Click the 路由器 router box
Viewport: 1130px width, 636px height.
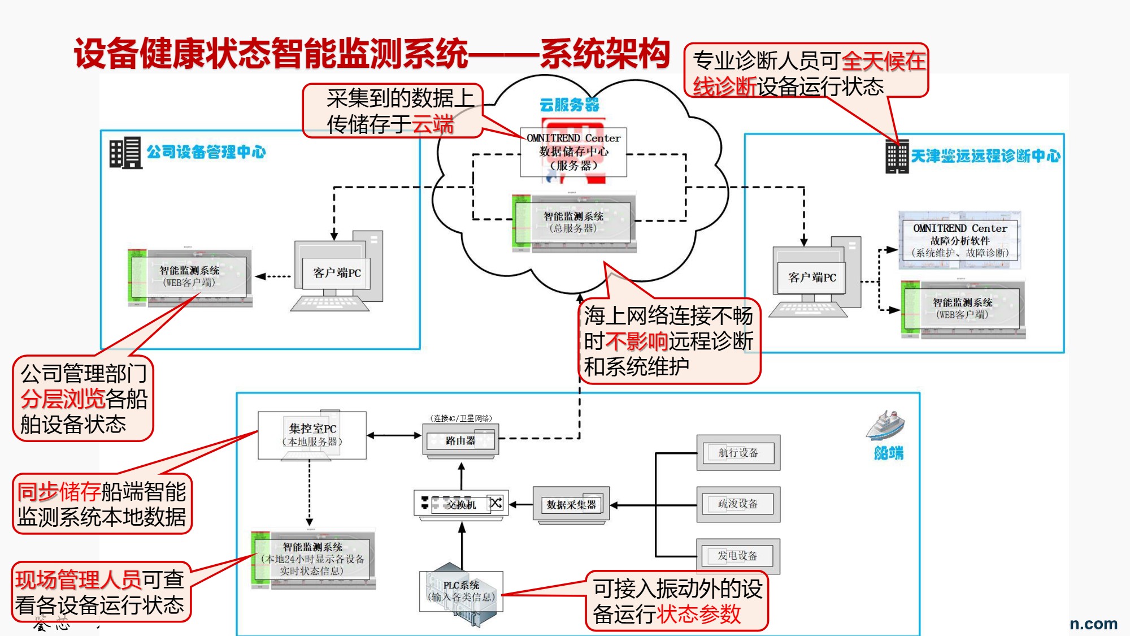pos(460,441)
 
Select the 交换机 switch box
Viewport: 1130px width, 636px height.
pos(461,504)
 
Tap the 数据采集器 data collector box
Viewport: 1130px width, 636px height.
pos(571,504)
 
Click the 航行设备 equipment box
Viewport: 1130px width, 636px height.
pos(738,453)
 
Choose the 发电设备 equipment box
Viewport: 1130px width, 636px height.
pos(738,556)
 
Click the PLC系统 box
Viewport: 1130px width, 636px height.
pos(461,591)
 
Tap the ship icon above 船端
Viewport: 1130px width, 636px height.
pos(885,426)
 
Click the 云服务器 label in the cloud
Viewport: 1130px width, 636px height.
pos(569,105)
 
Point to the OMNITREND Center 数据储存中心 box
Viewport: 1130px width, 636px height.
pos(573,152)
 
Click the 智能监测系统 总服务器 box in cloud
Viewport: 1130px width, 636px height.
pos(573,222)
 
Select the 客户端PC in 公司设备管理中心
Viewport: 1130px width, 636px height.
pos(337,273)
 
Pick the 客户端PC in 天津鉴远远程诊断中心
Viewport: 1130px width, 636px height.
pos(812,278)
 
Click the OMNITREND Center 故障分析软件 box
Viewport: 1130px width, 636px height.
pos(959,240)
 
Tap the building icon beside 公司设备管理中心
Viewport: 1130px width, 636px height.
pos(125,153)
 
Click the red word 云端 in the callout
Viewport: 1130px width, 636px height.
pos(433,124)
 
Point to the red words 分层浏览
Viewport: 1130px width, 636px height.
pos(62,399)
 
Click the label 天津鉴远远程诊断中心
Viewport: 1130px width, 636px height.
pos(985,156)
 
